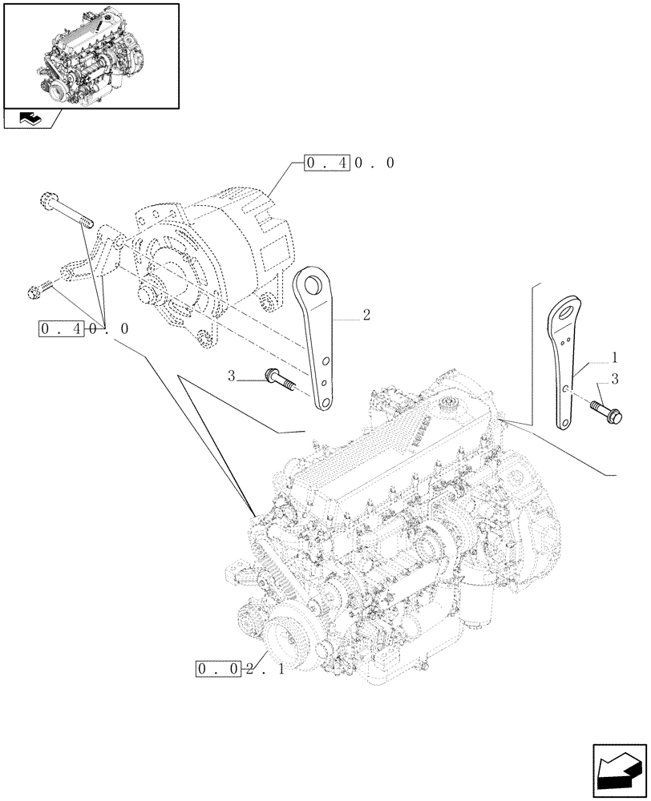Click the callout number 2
[x=366, y=316]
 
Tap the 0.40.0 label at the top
[x=350, y=163]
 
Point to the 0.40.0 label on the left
[x=83, y=329]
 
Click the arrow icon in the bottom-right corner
[x=619, y=771]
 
